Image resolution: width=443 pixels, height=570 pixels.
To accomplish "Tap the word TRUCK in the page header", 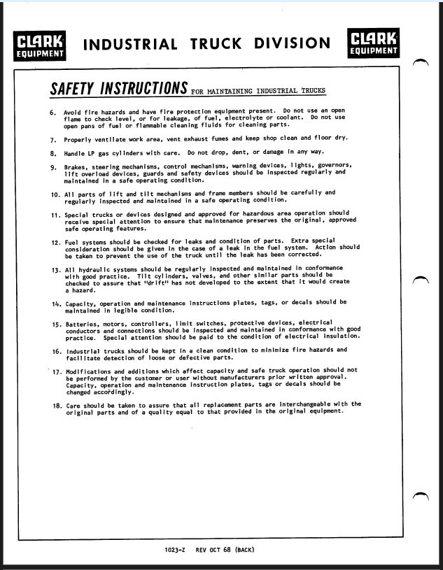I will tap(218, 45).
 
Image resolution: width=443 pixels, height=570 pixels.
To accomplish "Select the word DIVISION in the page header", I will tap(292, 45).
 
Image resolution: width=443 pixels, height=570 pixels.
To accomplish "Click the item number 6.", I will tap(53, 113).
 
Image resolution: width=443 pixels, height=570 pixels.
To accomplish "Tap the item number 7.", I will tap(53, 139).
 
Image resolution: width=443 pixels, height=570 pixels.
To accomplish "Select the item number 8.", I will tap(53, 152).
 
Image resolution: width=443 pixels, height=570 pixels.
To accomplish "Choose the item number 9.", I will tap(53, 166).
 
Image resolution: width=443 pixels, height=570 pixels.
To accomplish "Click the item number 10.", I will tap(55, 193).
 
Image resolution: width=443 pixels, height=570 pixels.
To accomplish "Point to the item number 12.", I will tap(55, 241).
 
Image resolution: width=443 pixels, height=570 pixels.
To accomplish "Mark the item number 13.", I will tap(55, 269).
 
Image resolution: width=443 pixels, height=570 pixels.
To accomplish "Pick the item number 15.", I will tap(55, 324).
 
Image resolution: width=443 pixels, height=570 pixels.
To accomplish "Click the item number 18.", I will tap(56, 406).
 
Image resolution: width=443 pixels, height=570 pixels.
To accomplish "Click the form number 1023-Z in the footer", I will tap(176, 550).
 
